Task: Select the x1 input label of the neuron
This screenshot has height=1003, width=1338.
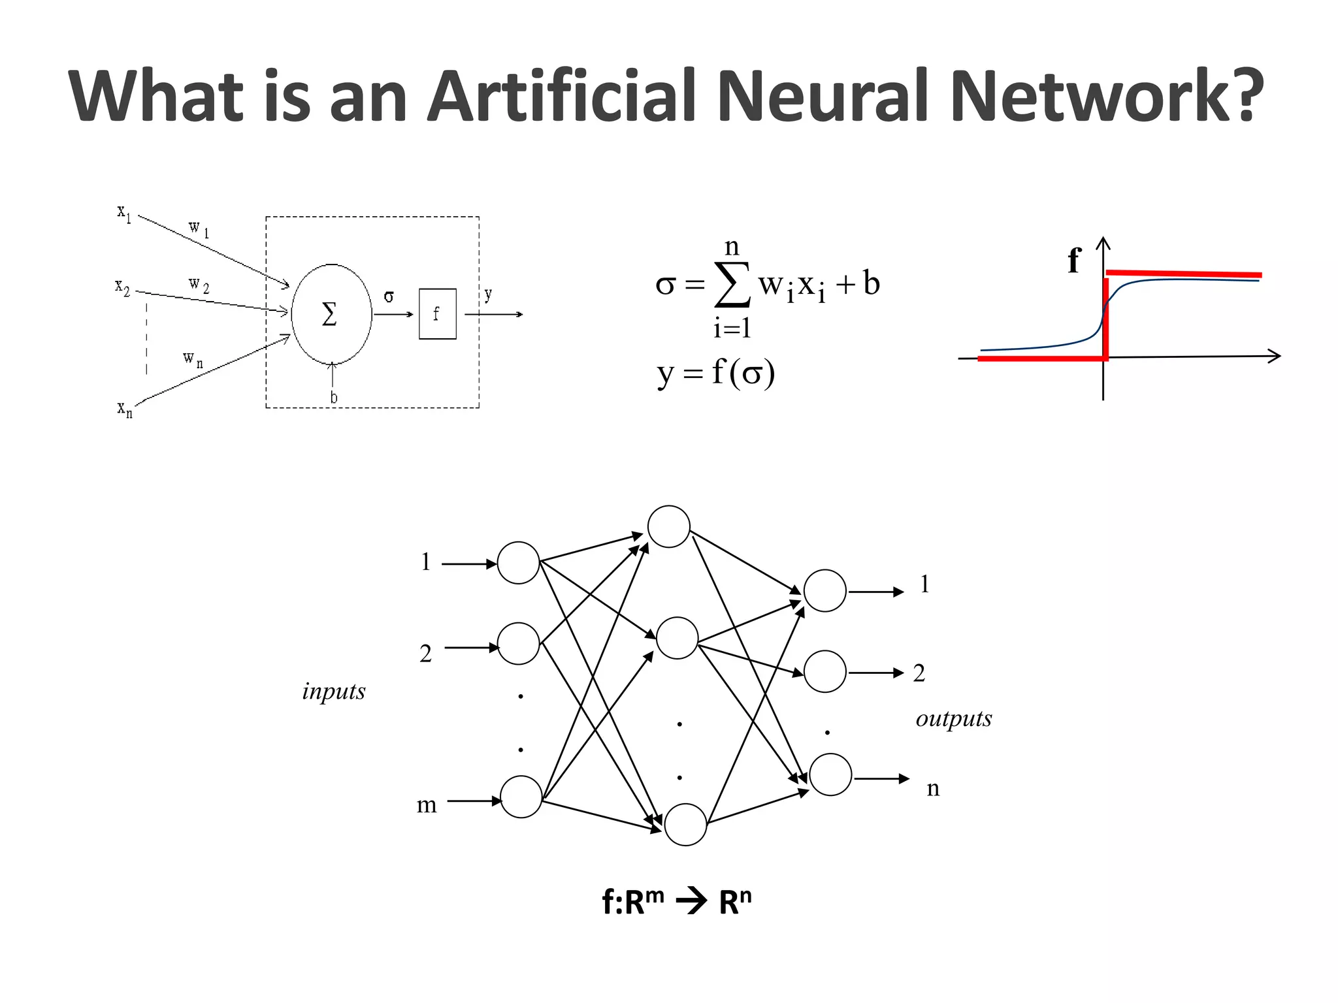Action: click(x=124, y=213)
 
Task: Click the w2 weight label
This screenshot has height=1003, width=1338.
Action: click(x=199, y=285)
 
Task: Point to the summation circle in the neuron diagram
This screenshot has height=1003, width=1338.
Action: click(x=331, y=314)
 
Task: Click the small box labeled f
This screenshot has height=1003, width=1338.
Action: click(x=437, y=314)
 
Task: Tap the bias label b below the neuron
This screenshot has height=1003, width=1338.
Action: click(x=334, y=397)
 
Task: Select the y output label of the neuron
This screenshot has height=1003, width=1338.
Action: click(x=488, y=295)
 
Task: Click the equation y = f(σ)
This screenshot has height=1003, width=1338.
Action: click(x=715, y=374)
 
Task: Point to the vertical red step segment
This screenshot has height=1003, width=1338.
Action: click(x=1105, y=319)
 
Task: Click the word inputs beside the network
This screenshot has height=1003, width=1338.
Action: click(x=333, y=692)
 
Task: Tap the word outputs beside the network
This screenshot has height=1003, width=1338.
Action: click(x=953, y=719)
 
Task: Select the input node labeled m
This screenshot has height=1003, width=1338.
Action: click(x=521, y=797)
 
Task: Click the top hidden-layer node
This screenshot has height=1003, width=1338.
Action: click(x=668, y=526)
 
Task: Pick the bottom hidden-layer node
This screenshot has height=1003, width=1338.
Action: click(x=685, y=825)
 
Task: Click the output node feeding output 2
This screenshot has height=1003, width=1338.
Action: click(x=824, y=671)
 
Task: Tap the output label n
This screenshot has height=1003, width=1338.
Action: click(x=933, y=788)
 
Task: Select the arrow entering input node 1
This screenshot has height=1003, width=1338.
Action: click(x=469, y=564)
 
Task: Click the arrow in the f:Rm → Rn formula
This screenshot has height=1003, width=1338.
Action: click(x=692, y=902)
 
